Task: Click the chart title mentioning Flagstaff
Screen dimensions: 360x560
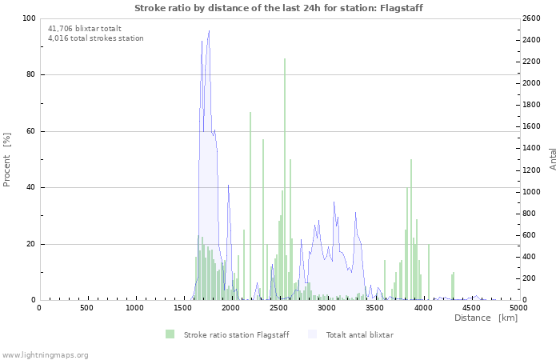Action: tap(279, 8)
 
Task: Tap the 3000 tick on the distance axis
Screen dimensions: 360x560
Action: tap(326, 308)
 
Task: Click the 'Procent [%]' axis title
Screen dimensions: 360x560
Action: tap(7, 159)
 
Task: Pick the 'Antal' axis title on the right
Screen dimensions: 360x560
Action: tap(553, 158)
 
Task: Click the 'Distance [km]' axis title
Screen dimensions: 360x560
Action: tap(486, 318)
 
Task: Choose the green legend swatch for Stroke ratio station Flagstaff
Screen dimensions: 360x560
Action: tap(170, 334)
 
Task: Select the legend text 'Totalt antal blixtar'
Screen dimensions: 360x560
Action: tap(359, 334)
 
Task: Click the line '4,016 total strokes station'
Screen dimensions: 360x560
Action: tap(96, 38)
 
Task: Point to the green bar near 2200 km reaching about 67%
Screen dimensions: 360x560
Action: tap(250, 206)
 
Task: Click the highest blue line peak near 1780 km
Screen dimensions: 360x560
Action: tap(209, 32)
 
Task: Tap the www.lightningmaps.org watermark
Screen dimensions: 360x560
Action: tap(45, 354)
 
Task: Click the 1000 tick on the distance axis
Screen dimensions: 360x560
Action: tap(134, 308)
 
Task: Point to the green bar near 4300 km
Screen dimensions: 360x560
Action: tap(453, 286)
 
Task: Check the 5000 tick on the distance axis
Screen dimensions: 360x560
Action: tap(518, 308)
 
